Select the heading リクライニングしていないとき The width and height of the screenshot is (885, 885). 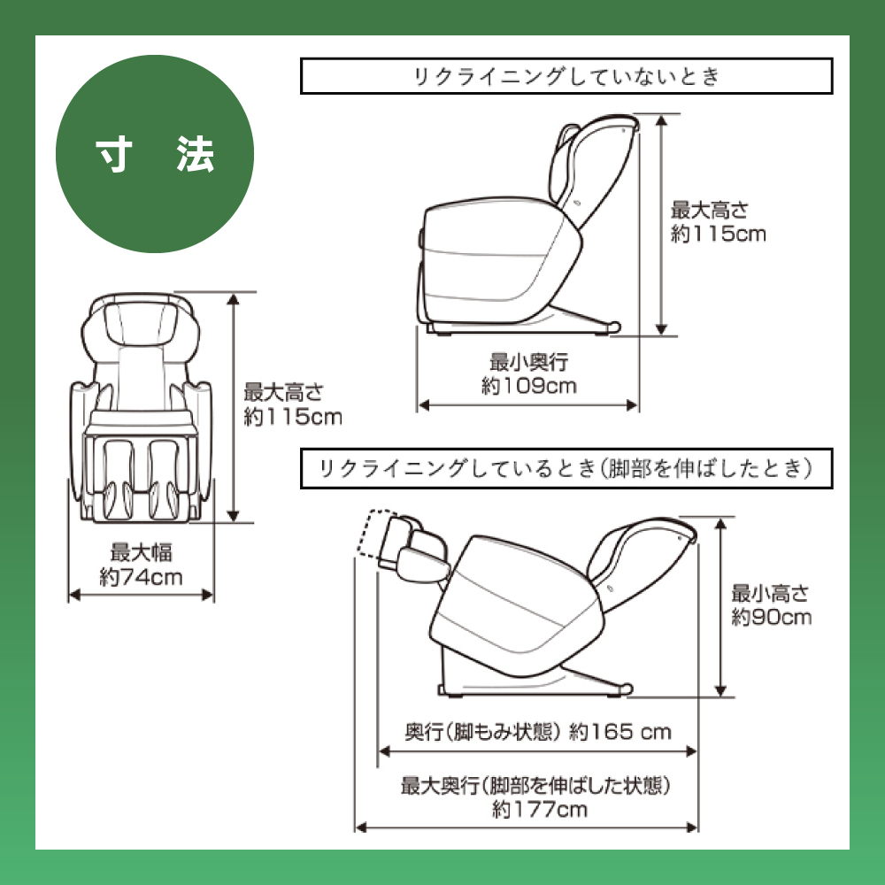566,77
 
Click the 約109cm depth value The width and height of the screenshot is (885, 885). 529,386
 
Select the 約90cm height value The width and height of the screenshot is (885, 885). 771,617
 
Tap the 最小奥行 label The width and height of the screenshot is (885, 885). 528,362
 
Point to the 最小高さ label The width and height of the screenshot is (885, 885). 770,593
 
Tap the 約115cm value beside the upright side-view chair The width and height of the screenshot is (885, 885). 718,235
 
